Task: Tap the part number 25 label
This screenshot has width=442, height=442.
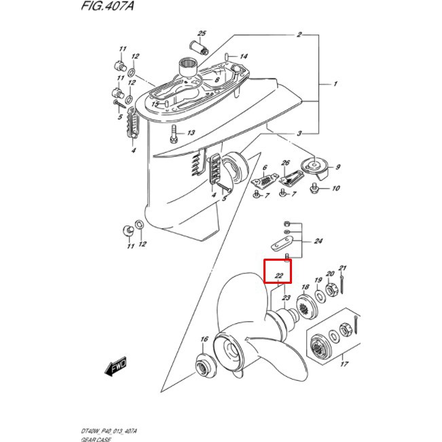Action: (202, 33)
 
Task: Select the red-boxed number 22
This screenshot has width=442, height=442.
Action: (278, 276)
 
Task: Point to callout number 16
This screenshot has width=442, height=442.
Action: (203, 339)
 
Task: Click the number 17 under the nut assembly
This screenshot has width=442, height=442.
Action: (344, 365)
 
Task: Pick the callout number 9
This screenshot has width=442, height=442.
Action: (337, 167)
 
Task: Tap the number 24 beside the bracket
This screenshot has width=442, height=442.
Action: (318, 242)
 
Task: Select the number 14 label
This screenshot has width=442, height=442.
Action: (244, 56)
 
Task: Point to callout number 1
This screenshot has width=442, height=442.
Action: (335, 84)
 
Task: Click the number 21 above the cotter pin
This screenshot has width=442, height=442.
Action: (343, 268)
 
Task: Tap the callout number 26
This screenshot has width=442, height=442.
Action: (286, 163)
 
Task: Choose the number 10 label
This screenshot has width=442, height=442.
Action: (335, 188)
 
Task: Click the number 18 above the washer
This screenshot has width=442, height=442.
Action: (305, 288)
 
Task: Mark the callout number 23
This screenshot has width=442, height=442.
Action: (286, 298)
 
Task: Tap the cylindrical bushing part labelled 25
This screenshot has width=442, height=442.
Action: (200, 48)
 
